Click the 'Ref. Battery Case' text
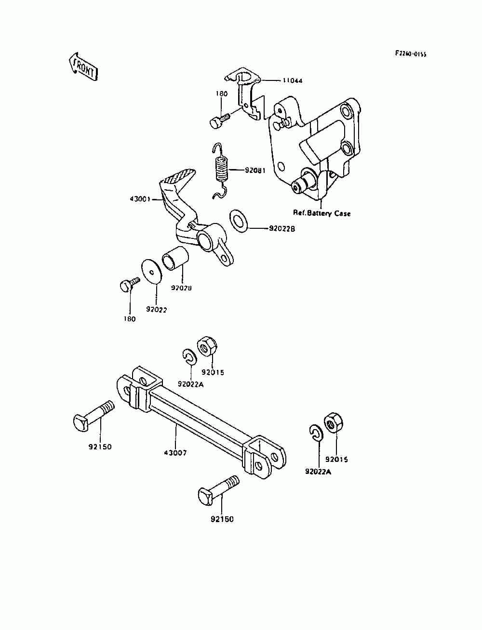click(x=322, y=213)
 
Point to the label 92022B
click(x=282, y=229)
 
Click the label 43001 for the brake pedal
click(x=140, y=198)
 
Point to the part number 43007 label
click(x=175, y=453)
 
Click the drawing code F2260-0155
click(x=411, y=54)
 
